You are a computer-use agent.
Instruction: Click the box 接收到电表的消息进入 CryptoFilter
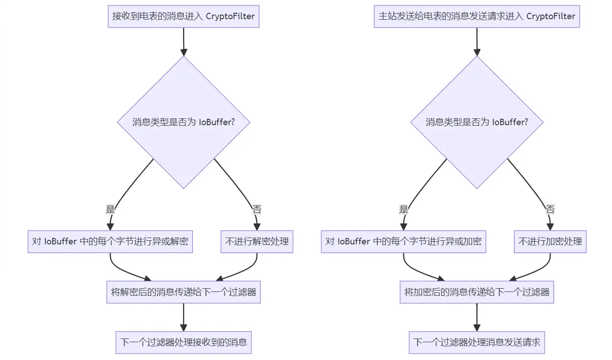click(x=183, y=16)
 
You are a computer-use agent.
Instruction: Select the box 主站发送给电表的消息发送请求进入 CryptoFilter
click(x=477, y=16)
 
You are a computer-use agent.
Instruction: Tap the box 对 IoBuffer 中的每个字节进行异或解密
click(x=110, y=242)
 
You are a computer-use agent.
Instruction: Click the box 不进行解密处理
click(x=257, y=242)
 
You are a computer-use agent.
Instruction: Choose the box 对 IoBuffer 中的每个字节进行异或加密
click(x=403, y=242)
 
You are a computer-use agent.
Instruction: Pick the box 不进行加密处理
click(x=550, y=242)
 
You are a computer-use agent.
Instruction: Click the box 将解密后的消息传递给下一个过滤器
click(x=183, y=292)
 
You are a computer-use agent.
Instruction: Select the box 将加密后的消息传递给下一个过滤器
click(x=477, y=292)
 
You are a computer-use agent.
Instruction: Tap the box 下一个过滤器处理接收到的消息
click(x=183, y=342)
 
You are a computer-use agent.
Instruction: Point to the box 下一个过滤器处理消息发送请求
click(x=477, y=342)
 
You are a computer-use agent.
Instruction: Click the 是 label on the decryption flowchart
click(x=110, y=210)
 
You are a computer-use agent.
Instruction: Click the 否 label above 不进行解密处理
click(x=257, y=210)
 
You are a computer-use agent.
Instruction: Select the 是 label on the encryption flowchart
click(x=403, y=210)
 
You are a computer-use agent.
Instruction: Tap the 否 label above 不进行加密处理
click(x=550, y=210)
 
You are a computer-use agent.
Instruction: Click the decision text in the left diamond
click(x=183, y=122)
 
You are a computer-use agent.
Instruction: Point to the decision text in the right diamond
click(x=477, y=122)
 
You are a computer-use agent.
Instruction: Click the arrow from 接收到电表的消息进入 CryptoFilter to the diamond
click(x=183, y=41)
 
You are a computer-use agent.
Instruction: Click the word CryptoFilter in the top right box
click(x=551, y=16)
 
